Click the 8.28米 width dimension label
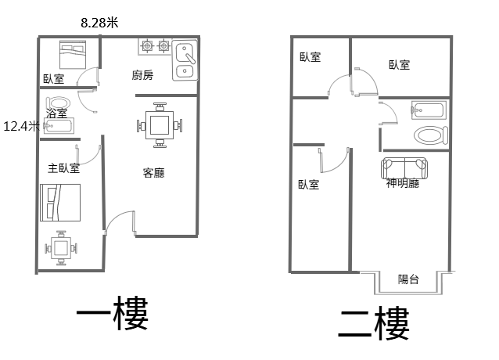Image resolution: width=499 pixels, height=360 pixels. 99,23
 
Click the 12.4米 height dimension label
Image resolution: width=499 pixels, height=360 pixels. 21,126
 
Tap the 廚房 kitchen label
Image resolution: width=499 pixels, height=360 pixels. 142,75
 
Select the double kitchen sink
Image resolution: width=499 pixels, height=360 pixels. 185,60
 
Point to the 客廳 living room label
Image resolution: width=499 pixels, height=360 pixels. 154,173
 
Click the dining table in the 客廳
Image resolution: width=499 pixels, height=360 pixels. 160,125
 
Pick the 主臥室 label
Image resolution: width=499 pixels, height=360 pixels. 63,168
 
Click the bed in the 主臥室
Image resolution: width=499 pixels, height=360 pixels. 60,203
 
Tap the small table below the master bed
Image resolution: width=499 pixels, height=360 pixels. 61,248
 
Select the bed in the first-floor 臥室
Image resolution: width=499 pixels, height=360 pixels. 73,55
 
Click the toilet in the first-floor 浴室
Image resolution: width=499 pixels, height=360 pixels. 58,103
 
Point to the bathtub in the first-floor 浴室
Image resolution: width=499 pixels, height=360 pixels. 59,126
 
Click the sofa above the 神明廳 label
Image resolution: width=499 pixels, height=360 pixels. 404,168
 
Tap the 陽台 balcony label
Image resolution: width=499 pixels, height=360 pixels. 408,279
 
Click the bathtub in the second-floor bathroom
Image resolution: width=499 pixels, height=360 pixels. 429,110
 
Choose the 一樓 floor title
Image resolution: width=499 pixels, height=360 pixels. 113,313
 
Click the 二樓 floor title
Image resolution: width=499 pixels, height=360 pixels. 374,324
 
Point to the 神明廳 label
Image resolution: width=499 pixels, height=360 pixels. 403,183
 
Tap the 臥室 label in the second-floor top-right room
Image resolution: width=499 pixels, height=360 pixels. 400,65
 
